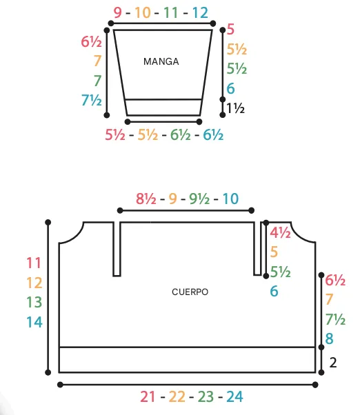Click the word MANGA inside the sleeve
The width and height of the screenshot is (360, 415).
coord(161,61)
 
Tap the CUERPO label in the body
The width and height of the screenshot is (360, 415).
coord(190,292)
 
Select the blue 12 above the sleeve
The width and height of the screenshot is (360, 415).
coord(200,12)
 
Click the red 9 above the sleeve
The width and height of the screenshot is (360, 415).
coord(117,12)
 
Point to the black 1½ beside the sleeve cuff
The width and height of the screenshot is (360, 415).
coord(235,108)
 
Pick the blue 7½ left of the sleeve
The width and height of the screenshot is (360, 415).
coord(92,100)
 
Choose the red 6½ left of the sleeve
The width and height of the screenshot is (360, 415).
coord(91,41)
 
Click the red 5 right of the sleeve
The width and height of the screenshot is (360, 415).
coord(230,29)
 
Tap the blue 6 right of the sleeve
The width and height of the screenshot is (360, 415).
coord(230,88)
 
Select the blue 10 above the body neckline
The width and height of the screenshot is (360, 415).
coord(230,199)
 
